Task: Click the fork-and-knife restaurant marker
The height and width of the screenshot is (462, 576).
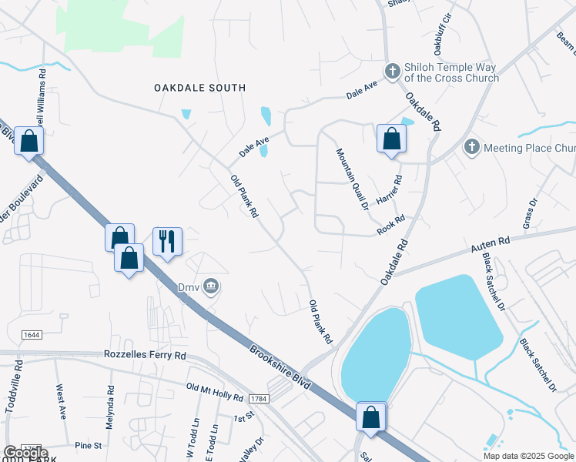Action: (167, 242)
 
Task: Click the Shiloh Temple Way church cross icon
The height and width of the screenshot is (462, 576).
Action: (392, 72)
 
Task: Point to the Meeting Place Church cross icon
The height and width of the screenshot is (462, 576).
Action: (472, 147)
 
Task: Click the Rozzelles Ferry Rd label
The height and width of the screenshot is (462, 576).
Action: (145, 356)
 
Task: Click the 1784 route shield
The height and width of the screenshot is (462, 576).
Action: (258, 397)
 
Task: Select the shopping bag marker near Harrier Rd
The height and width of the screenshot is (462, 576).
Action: (391, 139)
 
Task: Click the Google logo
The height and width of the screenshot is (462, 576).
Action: (25, 452)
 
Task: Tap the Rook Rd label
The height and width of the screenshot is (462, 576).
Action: (390, 226)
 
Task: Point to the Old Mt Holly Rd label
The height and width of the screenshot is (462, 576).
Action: (216, 390)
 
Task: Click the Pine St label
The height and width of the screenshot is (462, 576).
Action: (89, 445)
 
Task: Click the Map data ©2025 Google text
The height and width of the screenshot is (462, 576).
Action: (528, 456)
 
